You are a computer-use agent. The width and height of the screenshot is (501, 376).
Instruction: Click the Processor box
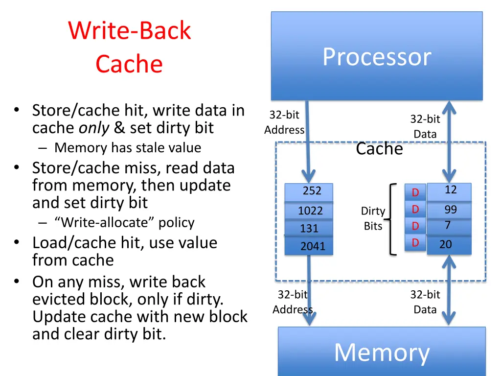[x=377, y=56]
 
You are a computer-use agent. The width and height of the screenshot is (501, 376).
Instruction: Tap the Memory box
[x=382, y=352]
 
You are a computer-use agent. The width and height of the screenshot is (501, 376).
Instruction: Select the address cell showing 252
[x=309, y=192]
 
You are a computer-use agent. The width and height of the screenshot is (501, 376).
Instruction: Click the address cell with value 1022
[x=309, y=211]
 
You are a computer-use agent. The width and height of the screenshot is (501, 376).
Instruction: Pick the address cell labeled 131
[x=309, y=228]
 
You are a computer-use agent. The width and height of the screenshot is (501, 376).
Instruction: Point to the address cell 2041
[x=309, y=246]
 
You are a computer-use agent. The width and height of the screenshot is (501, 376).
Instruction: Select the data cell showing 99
[x=449, y=210]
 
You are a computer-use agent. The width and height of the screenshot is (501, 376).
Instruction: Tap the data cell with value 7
[x=449, y=227]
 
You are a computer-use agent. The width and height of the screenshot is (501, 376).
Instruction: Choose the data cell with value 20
[x=449, y=245]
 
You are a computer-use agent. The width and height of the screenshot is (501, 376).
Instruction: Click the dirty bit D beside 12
[x=415, y=192]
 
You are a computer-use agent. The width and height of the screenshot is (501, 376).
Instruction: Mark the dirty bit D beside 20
[x=415, y=243]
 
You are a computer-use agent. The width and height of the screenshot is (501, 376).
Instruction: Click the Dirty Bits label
[x=373, y=218]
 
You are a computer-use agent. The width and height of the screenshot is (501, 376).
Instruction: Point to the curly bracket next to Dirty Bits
[x=390, y=219]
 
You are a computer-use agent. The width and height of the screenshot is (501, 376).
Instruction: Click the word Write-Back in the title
[x=129, y=30]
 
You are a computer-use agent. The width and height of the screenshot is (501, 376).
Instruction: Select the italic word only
[x=94, y=128]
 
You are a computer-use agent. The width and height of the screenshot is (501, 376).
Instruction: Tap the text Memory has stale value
[x=128, y=148]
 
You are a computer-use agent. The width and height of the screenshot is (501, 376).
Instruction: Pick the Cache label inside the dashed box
[x=379, y=149]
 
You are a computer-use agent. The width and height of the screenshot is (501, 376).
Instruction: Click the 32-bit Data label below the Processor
[x=425, y=126]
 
